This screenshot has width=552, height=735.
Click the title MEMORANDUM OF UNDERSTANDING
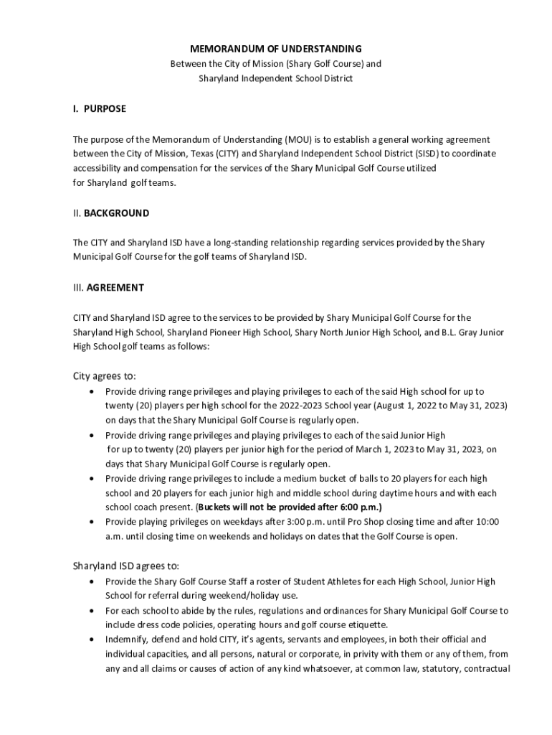(x=275, y=49)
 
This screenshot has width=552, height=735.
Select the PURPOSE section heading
(x=105, y=109)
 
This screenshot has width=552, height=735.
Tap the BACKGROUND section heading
(x=116, y=213)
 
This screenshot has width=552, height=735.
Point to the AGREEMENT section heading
(x=115, y=288)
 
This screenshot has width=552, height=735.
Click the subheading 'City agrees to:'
(x=105, y=376)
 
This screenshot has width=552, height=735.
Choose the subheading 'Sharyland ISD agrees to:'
(x=125, y=566)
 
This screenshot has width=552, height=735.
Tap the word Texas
(x=211, y=154)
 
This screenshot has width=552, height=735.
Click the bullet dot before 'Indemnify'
(x=90, y=639)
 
